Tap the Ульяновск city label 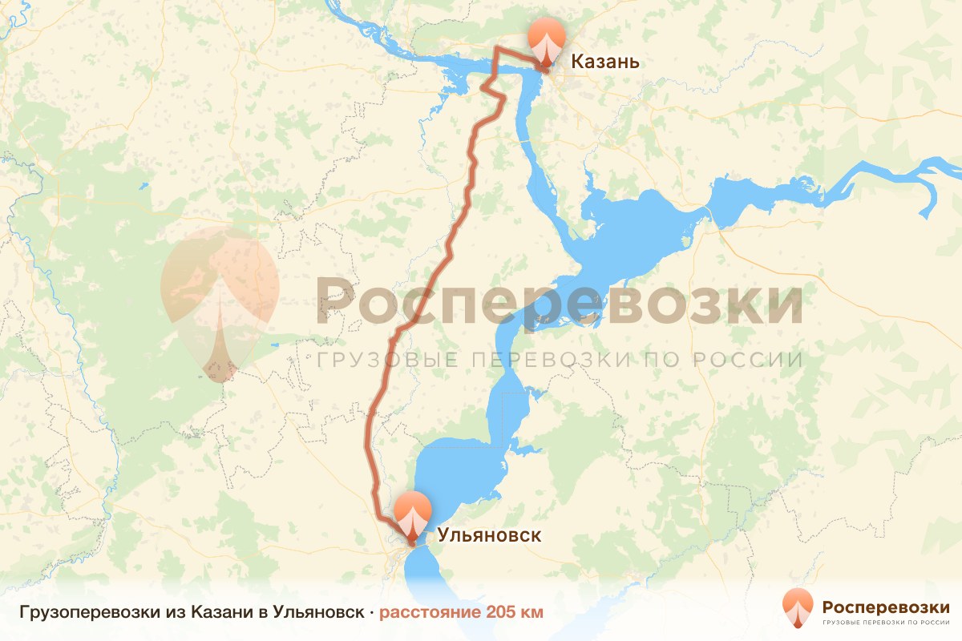489,535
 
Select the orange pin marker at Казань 546,40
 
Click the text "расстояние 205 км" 461,613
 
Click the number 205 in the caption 498,613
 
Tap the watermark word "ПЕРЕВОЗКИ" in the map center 547,359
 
